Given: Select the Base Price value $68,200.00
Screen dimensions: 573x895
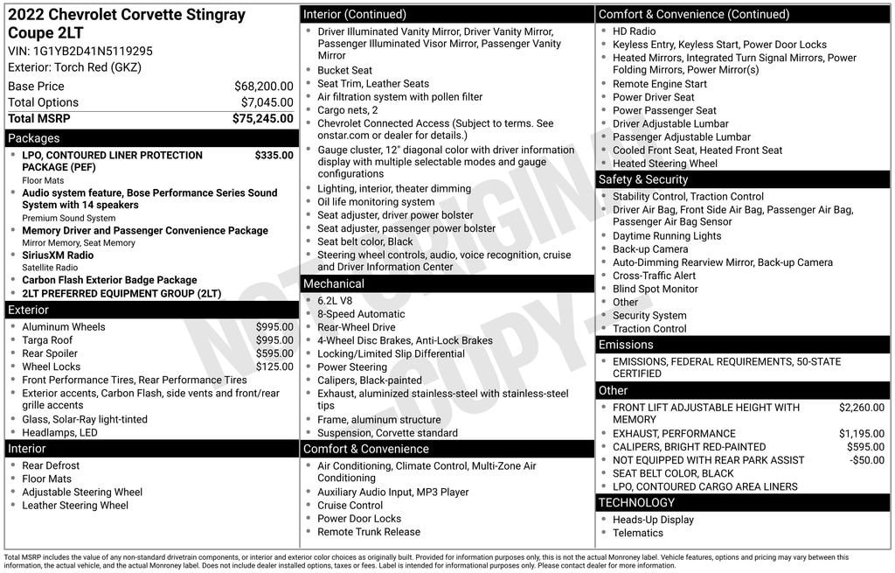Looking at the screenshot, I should pyautogui.click(x=263, y=87).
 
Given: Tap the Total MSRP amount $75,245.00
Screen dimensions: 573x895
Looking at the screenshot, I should pyautogui.click(x=262, y=119).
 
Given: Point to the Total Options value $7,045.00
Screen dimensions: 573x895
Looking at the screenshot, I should pyautogui.click(x=267, y=102).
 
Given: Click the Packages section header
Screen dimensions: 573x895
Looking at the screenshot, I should pyautogui.click(x=34, y=138).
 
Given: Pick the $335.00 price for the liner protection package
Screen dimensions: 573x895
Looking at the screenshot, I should pyautogui.click(x=274, y=156).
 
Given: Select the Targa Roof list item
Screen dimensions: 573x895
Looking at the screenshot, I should pyautogui.click(x=47, y=340).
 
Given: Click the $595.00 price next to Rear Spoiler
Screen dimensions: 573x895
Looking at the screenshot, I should pyautogui.click(x=274, y=353).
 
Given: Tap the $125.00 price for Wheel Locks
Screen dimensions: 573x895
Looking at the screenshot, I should pyautogui.click(x=274, y=367).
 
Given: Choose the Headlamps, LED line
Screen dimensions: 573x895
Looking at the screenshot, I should pyautogui.click(x=59, y=433).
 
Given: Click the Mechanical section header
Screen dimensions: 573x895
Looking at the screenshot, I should pyautogui.click(x=334, y=283).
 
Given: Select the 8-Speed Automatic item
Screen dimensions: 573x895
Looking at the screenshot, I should pyautogui.click(x=361, y=314).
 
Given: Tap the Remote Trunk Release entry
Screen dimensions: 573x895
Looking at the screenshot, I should pyautogui.click(x=369, y=532).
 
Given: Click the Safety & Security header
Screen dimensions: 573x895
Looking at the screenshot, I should pyautogui.click(x=643, y=179).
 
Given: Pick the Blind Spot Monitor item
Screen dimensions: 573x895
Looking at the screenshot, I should pyautogui.click(x=655, y=289).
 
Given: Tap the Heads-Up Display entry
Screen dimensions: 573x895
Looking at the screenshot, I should pyautogui.click(x=653, y=520).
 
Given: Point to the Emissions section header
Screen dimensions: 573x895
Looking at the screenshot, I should pyautogui.click(x=626, y=345).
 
